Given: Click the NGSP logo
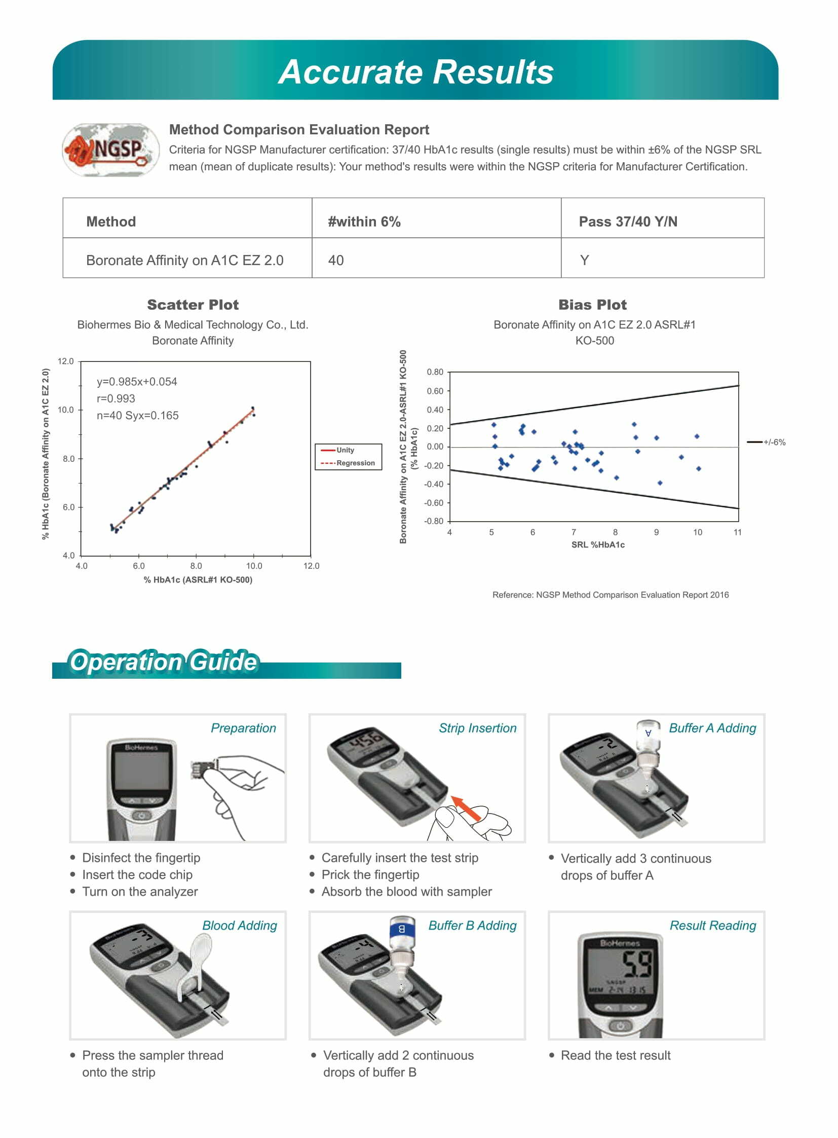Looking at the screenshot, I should [x=110, y=150].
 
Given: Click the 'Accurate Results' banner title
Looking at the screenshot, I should [x=416, y=71].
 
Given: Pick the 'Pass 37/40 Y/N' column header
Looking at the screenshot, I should [x=627, y=222].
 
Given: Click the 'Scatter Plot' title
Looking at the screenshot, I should [x=193, y=305].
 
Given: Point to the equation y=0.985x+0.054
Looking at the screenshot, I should [x=137, y=382].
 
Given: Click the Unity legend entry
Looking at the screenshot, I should [x=345, y=450].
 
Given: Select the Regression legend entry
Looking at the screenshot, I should [x=355, y=463].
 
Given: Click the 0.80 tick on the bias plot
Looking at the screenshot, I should [x=435, y=372].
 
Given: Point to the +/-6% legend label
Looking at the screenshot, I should [x=774, y=443].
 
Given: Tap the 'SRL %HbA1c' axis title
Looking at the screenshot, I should [x=597, y=544].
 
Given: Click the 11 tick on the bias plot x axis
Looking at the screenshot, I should [x=738, y=532].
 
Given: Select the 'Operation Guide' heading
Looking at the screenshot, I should [x=163, y=662].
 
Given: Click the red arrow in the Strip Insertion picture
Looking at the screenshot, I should [x=466, y=809].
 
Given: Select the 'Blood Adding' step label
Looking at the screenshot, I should [x=240, y=925].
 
